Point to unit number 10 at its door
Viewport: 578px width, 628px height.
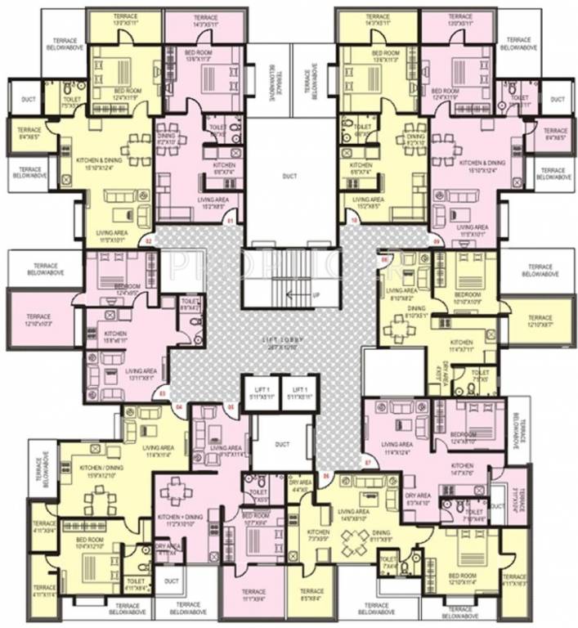click(x=354, y=221)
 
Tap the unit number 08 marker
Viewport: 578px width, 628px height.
click(x=383, y=259)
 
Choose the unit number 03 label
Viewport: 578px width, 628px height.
click(x=162, y=395)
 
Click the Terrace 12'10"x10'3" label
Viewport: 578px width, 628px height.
click(x=38, y=320)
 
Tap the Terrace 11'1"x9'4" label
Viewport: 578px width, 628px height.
click(x=253, y=595)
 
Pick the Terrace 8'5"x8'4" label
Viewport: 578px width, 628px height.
click(x=311, y=595)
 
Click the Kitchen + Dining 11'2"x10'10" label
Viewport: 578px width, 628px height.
click(x=180, y=520)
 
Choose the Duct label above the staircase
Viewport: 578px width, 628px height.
click(x=289, y=174)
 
